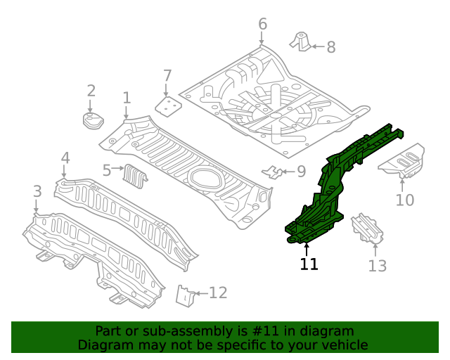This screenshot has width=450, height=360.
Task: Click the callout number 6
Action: coord(262,25)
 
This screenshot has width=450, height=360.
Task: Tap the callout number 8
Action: coord(330,47)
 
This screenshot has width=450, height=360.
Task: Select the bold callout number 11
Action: coord(309,264)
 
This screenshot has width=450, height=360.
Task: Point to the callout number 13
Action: coord(378,265)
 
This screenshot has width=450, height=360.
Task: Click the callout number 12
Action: coord(218,292)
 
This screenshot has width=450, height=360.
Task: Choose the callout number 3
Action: coord(37,191)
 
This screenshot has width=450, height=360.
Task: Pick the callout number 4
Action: coord(65,157)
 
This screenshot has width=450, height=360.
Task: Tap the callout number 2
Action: coord(91,90)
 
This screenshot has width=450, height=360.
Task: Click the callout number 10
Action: coord(404,200)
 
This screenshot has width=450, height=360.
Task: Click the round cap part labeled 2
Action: coord(91,121)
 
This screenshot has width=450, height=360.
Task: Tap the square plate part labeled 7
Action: coord(167,105)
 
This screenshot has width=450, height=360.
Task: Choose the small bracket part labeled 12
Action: coord(185,295)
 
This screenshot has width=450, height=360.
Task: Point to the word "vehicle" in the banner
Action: coord(342,345)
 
